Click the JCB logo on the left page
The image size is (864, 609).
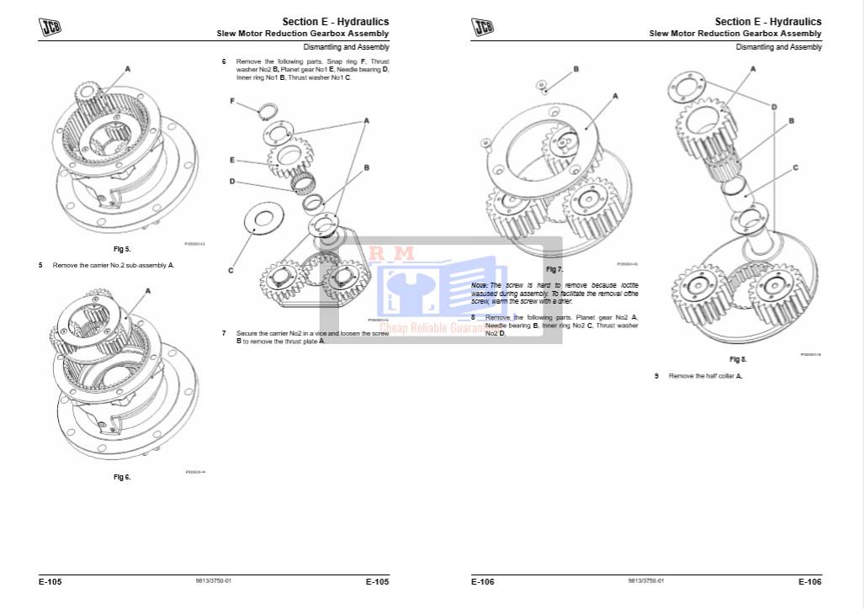(50, 27)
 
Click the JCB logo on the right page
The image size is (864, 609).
(483, 27)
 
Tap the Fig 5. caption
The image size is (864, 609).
(122, 250)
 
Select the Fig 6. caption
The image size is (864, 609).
(122, 477)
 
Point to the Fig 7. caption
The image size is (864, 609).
(554, 269)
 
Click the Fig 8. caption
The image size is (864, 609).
(738, 359)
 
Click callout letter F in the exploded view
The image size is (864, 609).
(232, 100)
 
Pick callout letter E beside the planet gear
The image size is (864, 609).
(231, 159)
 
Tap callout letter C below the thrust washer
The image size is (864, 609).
(231, 270)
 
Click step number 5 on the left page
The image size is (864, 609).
(40, 265)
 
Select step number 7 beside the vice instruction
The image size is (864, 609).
(224, 333)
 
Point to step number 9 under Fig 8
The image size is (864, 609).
(656, 376)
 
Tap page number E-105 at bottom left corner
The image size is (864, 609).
(50, 581)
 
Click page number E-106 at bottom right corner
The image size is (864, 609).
(809, 581)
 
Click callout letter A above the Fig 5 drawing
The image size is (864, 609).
(128, 67)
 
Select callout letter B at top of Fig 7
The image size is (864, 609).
(575, 68)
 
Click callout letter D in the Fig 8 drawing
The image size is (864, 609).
(774, 107)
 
